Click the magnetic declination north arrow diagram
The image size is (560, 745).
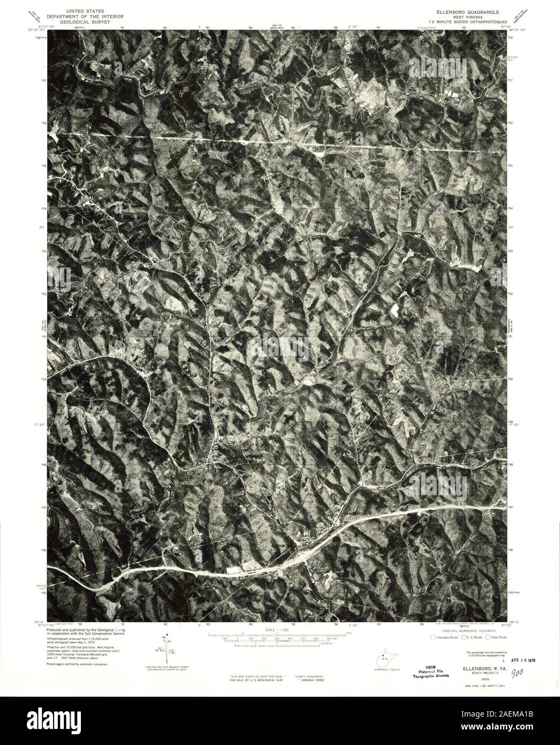(168, 650)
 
